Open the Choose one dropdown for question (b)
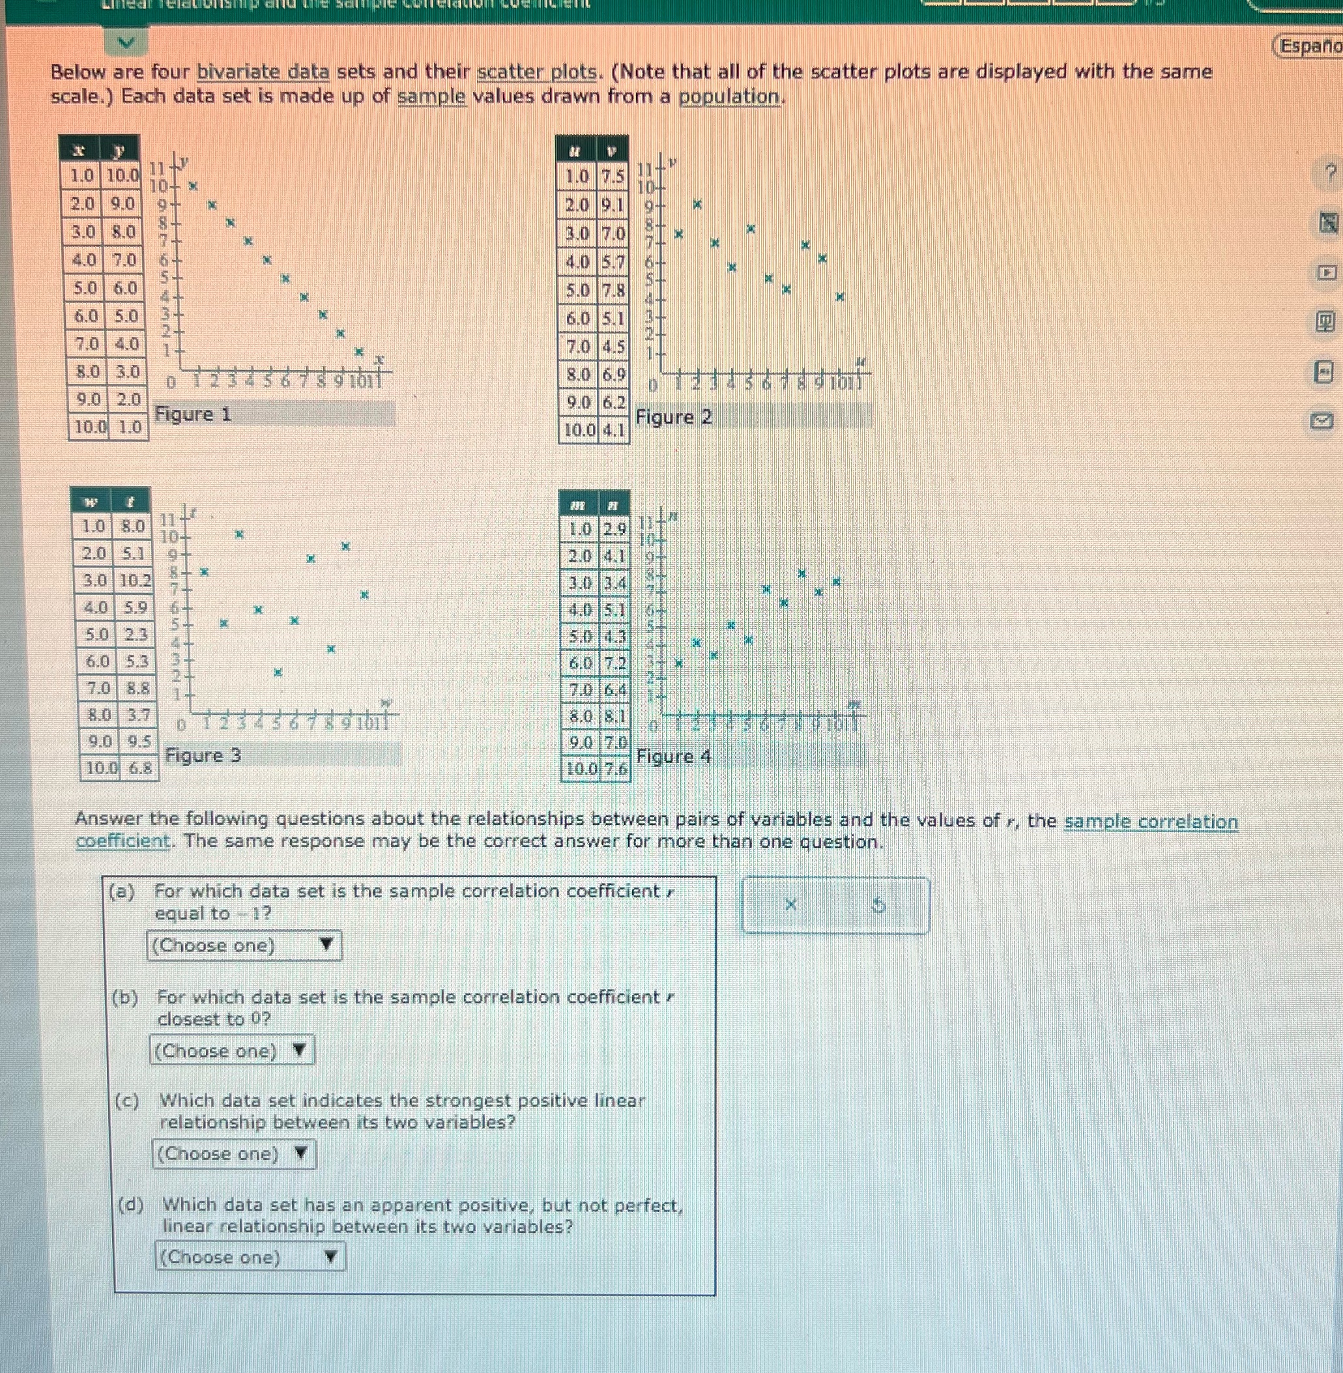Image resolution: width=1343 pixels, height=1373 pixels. [x=231, y=1050]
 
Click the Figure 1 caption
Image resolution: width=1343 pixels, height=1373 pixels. [x=193, y=414]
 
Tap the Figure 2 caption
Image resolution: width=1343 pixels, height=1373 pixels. [x=674, y=418]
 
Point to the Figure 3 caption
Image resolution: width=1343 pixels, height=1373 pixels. [x=203, y=755]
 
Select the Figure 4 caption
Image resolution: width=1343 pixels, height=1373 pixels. [x=674, y=757]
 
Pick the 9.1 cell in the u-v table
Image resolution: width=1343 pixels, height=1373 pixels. [x=613, y=205]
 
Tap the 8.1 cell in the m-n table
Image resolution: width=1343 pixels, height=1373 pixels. [x=614, y=715]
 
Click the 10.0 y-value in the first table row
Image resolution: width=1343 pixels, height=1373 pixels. [x=123, y=175]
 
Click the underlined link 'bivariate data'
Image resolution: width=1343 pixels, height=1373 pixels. [x=263, y=72]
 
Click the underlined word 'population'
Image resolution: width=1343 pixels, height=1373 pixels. [x=729, y=96]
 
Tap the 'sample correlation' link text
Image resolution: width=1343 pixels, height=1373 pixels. [x=1150, y=822]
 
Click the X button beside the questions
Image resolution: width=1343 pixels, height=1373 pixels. [x=790, y=904]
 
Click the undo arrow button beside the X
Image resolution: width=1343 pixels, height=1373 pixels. [x=878, y=904]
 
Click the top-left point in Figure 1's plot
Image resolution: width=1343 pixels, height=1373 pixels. [x=194, y=186]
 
